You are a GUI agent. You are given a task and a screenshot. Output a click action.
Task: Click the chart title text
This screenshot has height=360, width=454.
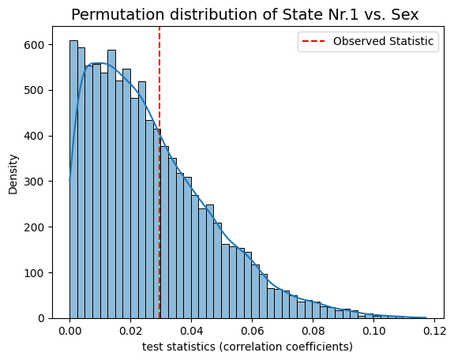[x=245, y=14]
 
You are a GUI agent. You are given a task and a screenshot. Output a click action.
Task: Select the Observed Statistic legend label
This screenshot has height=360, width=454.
[x=383, y=41]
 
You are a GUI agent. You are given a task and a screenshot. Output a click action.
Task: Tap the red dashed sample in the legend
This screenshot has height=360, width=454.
[x=313, y=41]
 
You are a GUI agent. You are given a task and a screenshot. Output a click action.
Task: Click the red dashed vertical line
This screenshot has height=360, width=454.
[x=159, y=173]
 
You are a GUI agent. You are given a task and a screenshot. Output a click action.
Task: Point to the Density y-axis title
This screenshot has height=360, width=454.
[x=13, y=174]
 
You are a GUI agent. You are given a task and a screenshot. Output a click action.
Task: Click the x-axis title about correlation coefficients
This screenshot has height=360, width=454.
[x=247, y=347]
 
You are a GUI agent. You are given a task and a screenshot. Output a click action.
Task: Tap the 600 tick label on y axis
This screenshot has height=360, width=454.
[x=34, y=45]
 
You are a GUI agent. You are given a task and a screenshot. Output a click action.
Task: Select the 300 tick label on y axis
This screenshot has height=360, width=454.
[x=34, y=182]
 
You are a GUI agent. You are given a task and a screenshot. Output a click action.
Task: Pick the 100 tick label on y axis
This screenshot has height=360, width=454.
[x=34, y=273]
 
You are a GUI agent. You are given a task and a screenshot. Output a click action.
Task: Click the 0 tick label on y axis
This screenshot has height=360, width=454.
[x=41, y=318]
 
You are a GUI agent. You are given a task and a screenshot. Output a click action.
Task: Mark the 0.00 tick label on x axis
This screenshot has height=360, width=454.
[x=69, y=331]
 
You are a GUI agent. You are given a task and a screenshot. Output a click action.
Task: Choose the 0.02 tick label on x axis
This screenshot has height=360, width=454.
[x=130, y=331]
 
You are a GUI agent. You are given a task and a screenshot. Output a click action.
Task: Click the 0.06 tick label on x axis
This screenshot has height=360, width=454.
[x=252, y=331]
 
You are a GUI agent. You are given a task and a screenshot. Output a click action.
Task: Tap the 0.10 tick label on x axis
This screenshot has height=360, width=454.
[x=373, y=331]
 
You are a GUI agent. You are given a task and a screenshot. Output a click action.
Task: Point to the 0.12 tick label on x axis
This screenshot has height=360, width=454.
[x=434, y=331]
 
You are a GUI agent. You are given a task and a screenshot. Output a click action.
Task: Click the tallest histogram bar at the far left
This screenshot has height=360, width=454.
[x=73, y=179]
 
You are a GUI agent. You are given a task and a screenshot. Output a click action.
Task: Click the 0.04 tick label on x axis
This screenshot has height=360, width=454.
[x=191, y=331]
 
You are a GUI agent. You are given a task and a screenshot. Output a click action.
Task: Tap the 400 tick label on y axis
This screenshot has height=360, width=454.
[x=34, y=136]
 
